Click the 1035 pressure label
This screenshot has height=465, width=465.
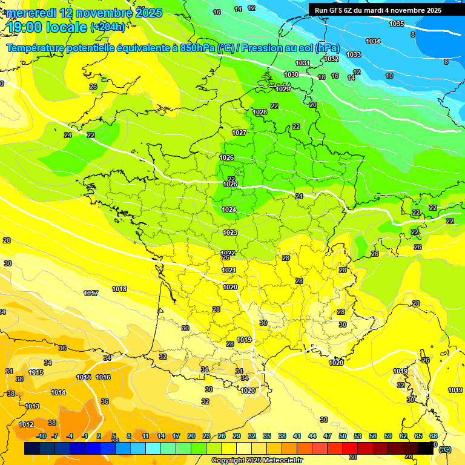(397, 24)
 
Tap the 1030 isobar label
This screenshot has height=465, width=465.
(291, 74)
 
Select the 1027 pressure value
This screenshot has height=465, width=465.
(239, 133)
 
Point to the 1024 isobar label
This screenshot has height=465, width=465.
(229, 209)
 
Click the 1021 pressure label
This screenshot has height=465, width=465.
(229, 270)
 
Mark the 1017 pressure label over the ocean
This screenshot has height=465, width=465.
(91, 293)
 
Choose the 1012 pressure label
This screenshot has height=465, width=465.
(26, 424)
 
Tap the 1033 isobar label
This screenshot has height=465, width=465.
(354, 54)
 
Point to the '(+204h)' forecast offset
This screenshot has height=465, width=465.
(108, 27)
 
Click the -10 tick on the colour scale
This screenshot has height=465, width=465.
(41, 436)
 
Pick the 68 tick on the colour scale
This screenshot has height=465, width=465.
(434, 436)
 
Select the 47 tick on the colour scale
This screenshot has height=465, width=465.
(328, 436)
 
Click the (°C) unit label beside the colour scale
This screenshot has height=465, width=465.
(445, 449)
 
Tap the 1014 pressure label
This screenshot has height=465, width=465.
(58, 392)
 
